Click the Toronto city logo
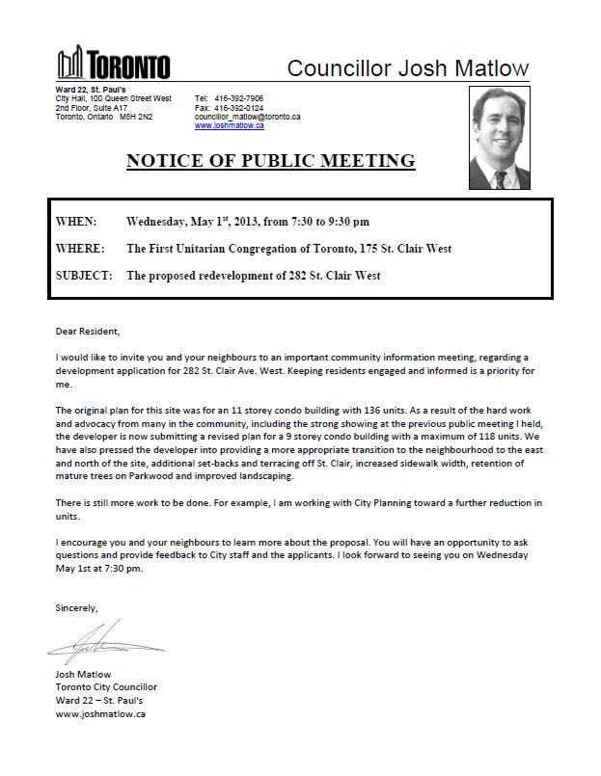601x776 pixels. pos(113,65)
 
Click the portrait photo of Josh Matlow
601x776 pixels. pos(500,138)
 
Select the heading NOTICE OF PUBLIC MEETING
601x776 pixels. pos(270,161)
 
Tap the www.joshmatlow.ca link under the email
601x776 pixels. pos(230,125)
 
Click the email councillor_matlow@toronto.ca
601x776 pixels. pos(247,117)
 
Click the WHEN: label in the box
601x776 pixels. pos(76,222)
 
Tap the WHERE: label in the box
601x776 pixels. pos(80,249)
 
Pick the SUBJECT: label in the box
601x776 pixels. pos(84,276)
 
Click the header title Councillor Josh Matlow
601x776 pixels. pos(408,68)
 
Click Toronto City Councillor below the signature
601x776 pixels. pos(106,687)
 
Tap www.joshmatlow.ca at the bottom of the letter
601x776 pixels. pos(100,714)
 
